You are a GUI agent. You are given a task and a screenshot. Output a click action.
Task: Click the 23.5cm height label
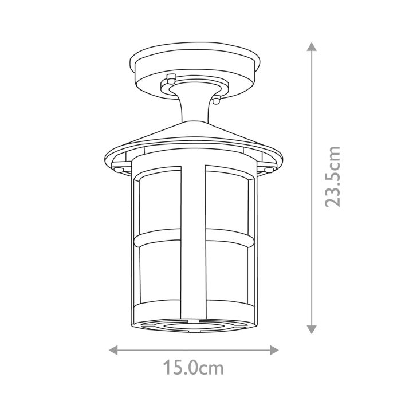332,176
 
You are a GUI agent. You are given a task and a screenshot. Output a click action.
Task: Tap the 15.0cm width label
193,367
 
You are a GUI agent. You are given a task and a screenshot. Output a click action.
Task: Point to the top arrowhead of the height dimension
312,46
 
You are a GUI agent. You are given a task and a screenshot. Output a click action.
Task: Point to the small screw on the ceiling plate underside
170,79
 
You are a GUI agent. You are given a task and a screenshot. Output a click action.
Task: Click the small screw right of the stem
216,100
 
